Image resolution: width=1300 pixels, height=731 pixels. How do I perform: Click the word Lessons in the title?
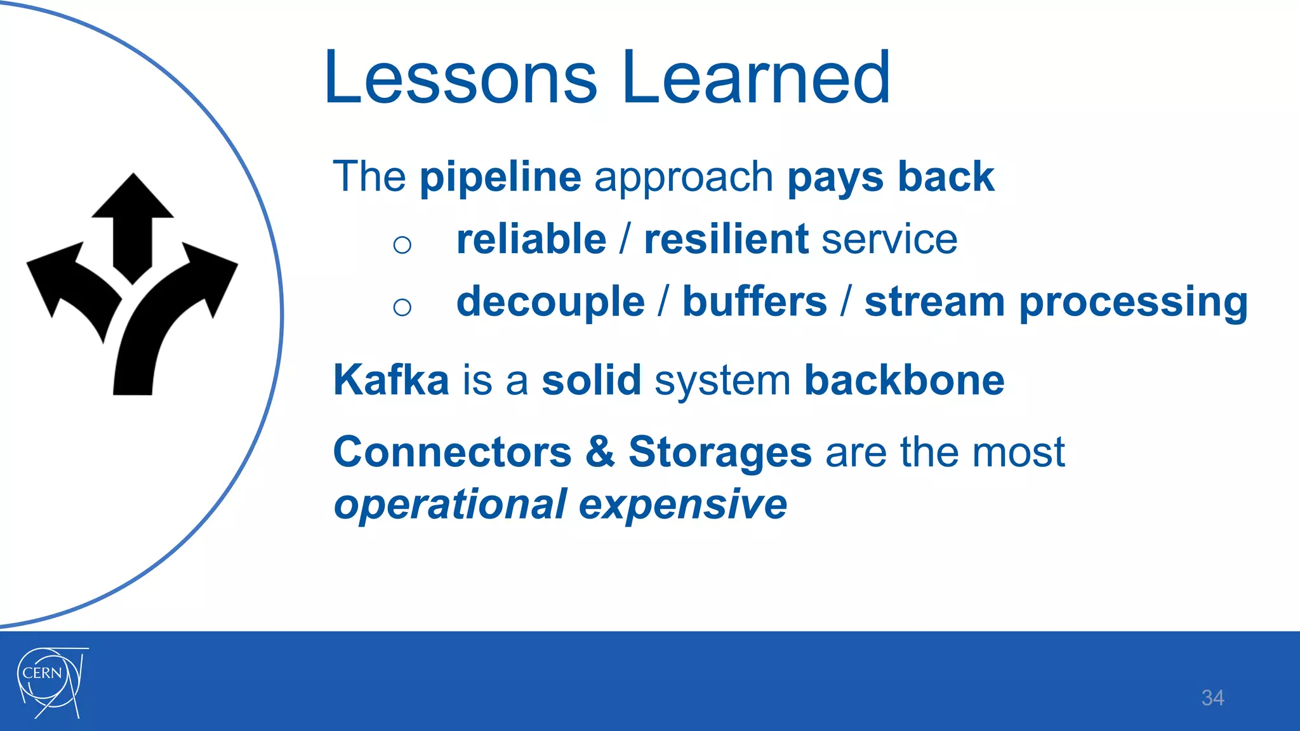point(460,79)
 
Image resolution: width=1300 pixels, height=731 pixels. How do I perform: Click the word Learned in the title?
point(757,79)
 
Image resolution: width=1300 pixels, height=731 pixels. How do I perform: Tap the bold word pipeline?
point(500,178)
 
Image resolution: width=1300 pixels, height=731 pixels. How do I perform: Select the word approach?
point(684,179)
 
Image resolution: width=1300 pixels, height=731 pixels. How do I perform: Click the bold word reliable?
point(531,240)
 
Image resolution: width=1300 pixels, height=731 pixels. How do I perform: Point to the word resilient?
point(726,240)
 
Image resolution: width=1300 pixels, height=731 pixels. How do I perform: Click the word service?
point(889,241)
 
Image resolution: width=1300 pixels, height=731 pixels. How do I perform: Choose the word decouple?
point(550,303)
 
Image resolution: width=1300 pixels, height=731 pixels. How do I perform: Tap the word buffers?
point(755,302)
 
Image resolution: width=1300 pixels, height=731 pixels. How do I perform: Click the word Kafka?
point(391,381)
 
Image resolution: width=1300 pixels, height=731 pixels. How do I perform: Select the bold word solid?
point(591,381)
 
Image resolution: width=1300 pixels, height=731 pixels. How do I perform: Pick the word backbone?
point(904,381)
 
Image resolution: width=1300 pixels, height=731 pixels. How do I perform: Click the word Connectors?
point(453,452)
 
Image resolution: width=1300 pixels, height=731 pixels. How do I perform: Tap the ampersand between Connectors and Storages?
point(600,452)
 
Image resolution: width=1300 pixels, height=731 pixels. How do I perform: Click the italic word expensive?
point(682,505)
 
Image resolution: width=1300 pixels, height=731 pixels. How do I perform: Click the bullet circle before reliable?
point(402,245)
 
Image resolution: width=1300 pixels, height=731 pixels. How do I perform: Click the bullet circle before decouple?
point(402,308)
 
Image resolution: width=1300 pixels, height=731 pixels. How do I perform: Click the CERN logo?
point(51,682)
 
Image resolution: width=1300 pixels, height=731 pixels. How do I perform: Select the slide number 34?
point(1212,698)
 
